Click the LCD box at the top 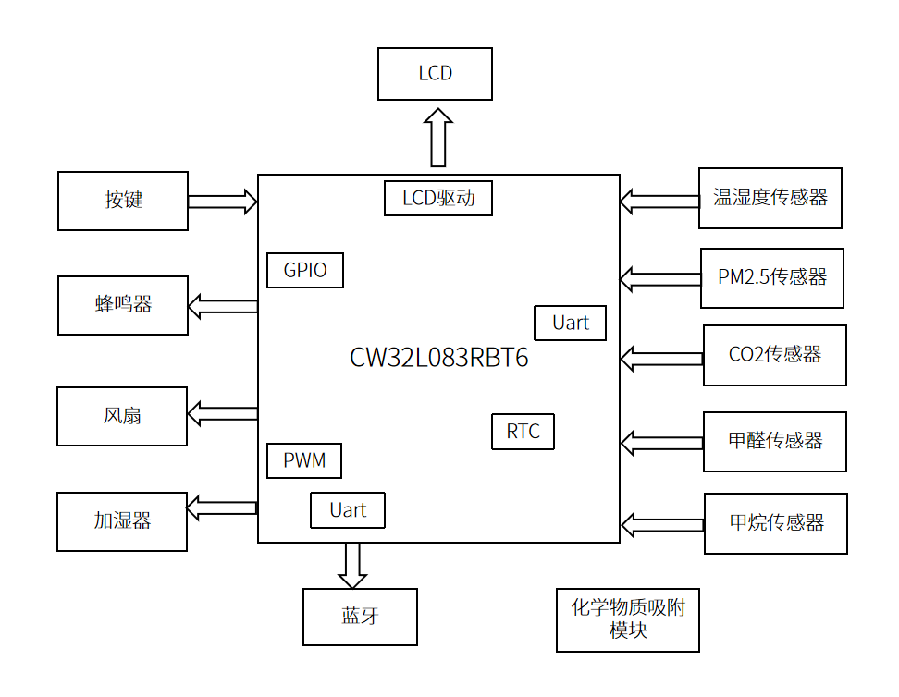435,74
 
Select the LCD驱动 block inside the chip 437,198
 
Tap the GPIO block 304,271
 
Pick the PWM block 303,460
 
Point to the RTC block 523,432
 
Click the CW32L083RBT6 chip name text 439,359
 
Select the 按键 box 123,201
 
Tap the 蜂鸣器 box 123,305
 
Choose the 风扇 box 122,416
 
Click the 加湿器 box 122,521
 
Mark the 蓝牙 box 360,617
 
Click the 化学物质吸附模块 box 628,619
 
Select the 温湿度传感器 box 770,198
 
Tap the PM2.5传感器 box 771,277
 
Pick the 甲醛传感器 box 775,442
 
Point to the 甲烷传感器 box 775,523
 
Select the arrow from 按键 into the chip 223,201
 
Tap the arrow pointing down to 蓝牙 352,565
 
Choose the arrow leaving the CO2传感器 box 661,357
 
